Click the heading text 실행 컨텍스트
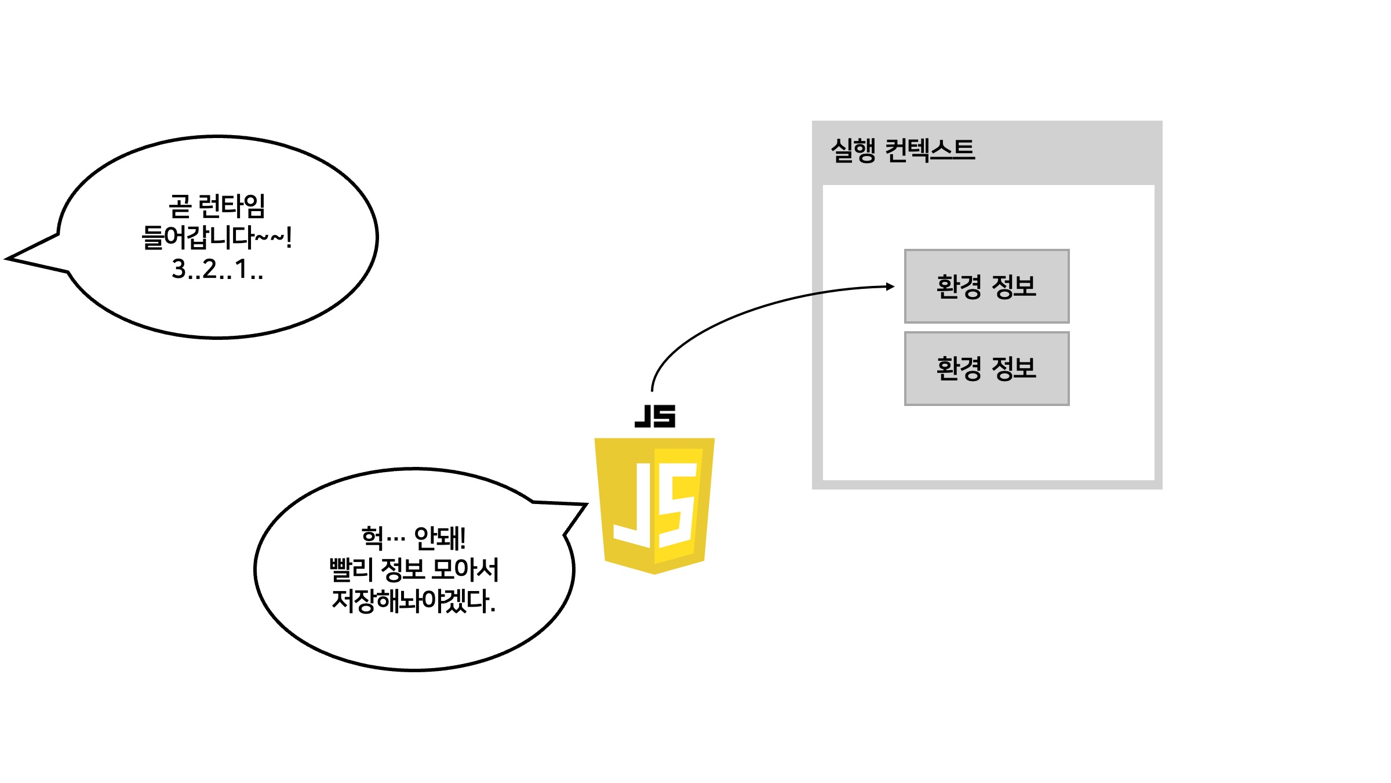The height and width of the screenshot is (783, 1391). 902,150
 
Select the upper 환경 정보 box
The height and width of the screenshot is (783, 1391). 986,287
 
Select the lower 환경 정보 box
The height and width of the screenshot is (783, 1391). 986,368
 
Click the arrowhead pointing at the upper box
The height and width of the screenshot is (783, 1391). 890,287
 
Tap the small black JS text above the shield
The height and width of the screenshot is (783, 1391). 655,416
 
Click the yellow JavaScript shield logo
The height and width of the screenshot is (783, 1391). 654,505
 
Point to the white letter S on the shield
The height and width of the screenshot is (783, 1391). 677,505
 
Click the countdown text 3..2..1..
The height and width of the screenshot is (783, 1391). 217,269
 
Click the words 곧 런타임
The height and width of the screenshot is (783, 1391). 217,206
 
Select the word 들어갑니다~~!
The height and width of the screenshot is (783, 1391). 217,237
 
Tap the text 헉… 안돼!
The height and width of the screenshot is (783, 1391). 413,538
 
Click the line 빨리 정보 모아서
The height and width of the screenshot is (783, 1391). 413,570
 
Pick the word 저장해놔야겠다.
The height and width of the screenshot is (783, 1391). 413,601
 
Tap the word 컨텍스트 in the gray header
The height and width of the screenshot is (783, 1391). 930,150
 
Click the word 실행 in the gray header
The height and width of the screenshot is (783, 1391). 853,150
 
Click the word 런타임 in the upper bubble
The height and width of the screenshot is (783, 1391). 231,206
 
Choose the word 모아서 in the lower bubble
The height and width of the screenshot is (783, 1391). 465,570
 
